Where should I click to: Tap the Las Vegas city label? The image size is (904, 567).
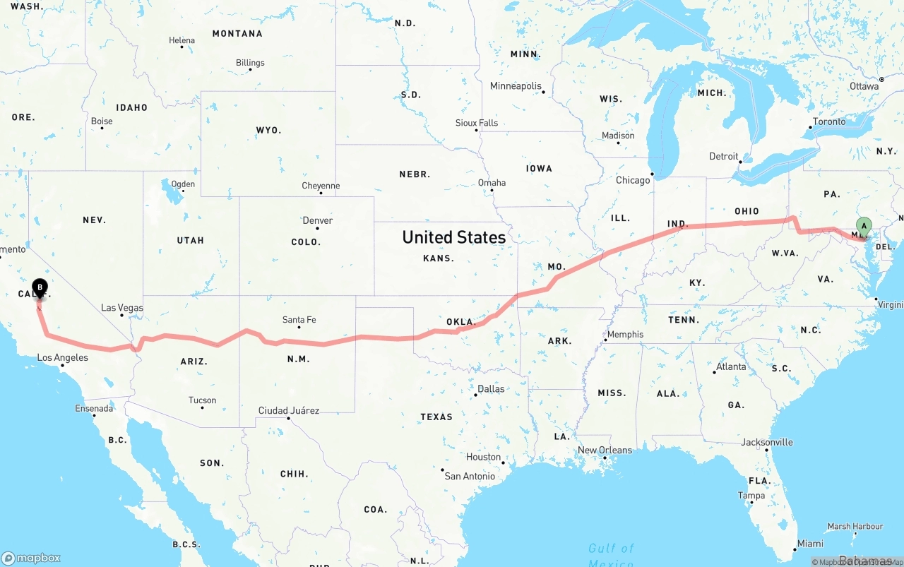[x=122, y=308]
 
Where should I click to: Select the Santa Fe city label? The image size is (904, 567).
[x=299, y=320]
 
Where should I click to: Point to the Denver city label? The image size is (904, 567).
[x=318, y=220]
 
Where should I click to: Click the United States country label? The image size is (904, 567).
[x=453, y=237]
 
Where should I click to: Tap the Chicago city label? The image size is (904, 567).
[x=633, y=180]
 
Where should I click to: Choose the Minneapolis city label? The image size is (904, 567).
[x=516, y=86]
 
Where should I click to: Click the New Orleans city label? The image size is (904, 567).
[x=605, y=450]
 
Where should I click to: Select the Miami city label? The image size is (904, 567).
[x=810, y=544]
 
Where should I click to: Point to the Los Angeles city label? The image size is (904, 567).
[x=63, y=357]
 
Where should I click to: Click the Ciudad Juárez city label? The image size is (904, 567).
[x=289, y=410]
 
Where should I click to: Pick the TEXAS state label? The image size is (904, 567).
[x=436, y=417]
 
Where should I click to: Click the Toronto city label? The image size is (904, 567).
[x=829, y=121]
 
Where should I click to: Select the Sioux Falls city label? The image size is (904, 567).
[x=477, y=123]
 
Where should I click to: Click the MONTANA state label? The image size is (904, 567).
[x=237, y=33]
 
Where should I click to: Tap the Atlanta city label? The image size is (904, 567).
[x=731, y=366]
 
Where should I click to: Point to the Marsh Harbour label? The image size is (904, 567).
[x=855, y=526]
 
